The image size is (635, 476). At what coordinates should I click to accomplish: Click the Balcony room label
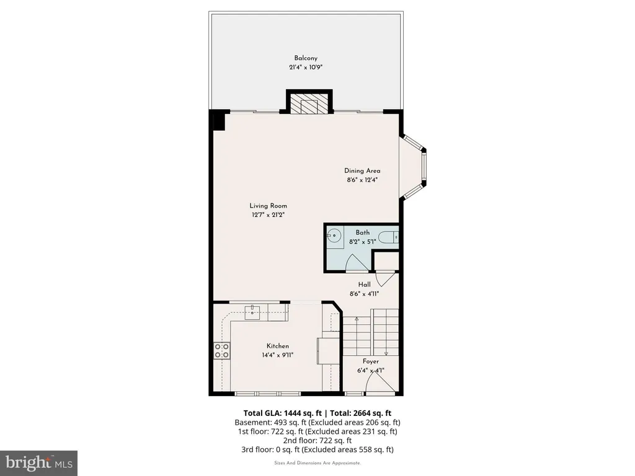(306, 58)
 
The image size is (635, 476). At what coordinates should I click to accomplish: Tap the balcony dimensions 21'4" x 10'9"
(306, 67)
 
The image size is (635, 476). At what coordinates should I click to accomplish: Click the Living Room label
(268, 206)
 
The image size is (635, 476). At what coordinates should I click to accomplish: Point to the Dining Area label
(362, 171)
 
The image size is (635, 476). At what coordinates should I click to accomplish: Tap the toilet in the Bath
(388, 236)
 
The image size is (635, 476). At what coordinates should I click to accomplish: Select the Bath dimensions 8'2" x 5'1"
(362, 242)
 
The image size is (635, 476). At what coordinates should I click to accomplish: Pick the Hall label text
(364, 284)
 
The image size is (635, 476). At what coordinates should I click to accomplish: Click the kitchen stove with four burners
(221, 351)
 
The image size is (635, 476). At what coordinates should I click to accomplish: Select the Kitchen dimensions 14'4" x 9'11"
(277, 355)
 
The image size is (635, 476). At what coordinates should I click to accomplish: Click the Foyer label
(371, 361)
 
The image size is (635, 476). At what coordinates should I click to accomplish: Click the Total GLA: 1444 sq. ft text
(282, 413)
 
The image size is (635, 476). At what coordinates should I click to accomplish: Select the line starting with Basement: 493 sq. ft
(317, 423)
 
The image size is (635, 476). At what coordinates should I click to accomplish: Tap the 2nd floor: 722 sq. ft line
(317, 441)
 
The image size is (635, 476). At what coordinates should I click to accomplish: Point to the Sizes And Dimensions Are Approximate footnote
(317, 463)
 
